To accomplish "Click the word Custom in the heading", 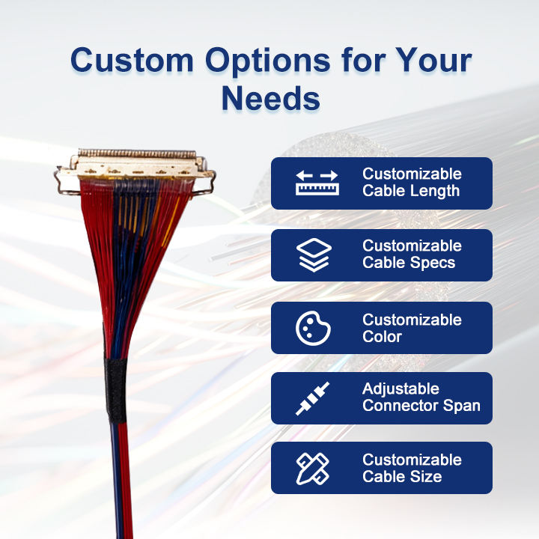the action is click(132, 60).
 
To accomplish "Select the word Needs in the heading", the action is click(271, 99).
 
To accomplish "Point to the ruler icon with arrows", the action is click(317, 183).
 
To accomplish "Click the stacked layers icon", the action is click(314, 255).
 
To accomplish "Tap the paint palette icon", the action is click(313, 328).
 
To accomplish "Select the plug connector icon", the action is click(312, 398).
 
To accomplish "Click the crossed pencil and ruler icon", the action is click(313, 469).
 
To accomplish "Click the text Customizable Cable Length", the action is click(412, 183).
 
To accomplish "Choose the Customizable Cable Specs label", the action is click(412, 255).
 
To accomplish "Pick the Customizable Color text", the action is click(412, 328).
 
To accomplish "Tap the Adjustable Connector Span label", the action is click(421, 398).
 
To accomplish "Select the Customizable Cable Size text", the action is click(412, 468).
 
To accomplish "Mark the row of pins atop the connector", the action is click(137, 153).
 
